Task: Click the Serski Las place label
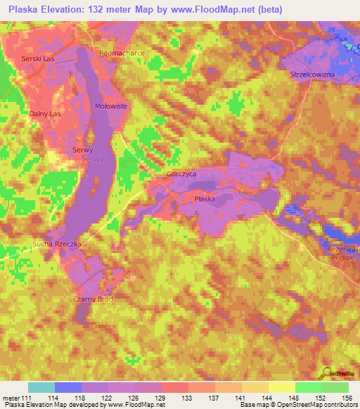point(37,58)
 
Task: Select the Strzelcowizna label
point(313,74)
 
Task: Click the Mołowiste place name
point(110,105)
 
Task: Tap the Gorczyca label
point(181,174)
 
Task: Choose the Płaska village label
point(205,200)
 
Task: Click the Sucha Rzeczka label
point(58,244)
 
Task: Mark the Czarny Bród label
point(92,299)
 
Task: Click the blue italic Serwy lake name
point(93,160)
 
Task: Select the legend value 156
point(345,398)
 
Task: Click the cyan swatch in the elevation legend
point(41,387)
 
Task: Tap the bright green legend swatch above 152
point(308,387)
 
